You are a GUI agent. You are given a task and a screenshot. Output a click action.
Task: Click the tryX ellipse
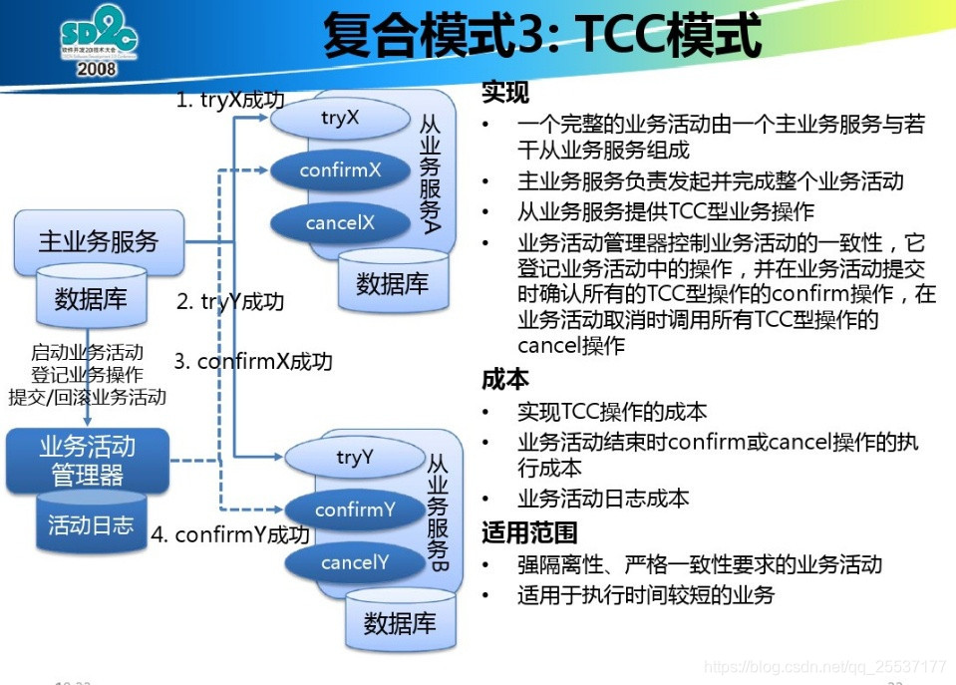tap(340, 119)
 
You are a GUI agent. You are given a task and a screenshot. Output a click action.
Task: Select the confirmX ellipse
tap(340, 171)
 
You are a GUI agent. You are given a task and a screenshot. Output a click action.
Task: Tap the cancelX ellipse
tap(340, 223)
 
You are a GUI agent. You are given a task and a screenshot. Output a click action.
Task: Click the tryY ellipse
tap(354, 457)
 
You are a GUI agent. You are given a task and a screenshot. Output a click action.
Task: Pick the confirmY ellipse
tap(355, 511)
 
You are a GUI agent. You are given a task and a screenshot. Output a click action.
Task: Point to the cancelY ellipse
tap(354, 563)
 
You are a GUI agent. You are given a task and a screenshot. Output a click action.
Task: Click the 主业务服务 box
tap(99, 241)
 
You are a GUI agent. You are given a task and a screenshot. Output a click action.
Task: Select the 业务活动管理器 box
tap(87, 460)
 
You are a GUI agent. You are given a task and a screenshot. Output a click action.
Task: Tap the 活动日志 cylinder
tap(91, 524)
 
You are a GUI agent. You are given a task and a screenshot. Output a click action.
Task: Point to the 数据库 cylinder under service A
tap(392, 283)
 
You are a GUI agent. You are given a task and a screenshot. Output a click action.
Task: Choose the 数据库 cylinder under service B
tap(400, 623)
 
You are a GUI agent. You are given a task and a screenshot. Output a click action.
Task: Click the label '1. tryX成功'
tap(230, 100)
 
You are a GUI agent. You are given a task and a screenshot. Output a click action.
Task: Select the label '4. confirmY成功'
tap(229, 535)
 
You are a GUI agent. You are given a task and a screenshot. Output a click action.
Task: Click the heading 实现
tap(505, 93)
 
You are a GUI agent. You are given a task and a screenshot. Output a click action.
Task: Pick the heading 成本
tap(505, 379)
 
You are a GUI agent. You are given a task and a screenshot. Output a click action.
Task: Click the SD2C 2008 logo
tap(98, 45)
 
